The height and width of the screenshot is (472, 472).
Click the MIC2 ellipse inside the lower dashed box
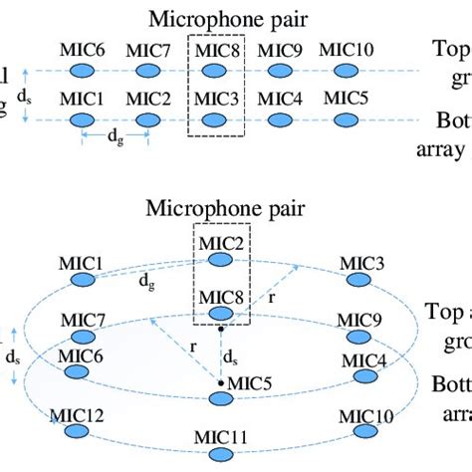click(218, 264)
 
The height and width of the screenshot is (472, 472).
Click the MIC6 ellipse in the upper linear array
click(85, 72)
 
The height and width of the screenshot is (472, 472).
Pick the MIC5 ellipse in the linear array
click(344, 121)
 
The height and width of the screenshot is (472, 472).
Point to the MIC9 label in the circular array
click(355, 320)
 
